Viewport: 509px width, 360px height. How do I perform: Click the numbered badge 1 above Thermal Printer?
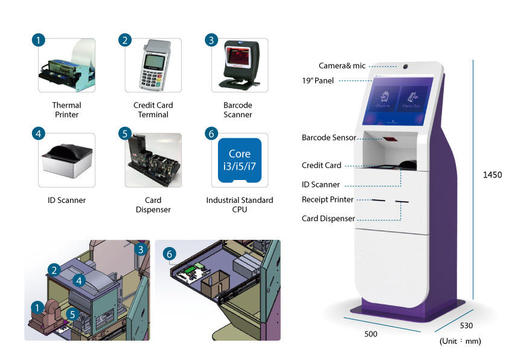pos(38,40)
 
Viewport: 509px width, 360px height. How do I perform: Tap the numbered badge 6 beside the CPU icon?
pos(211,133)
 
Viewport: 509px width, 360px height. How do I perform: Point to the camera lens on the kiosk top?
pos(405,66)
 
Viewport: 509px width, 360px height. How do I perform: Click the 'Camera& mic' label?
pos(343,65)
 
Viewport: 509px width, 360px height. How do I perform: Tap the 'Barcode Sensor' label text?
pos(329,138)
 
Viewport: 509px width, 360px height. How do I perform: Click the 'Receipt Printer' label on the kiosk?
pos(328,199)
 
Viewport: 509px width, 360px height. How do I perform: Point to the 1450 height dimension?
pos(492,175)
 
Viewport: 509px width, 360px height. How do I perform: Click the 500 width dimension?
pos(371,333)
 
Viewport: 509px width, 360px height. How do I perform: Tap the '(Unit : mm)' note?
pos(460,341)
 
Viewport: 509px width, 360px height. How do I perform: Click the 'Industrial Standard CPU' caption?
pos(240,205)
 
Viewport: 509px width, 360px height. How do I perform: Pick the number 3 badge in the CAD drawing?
pos(141,249)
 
